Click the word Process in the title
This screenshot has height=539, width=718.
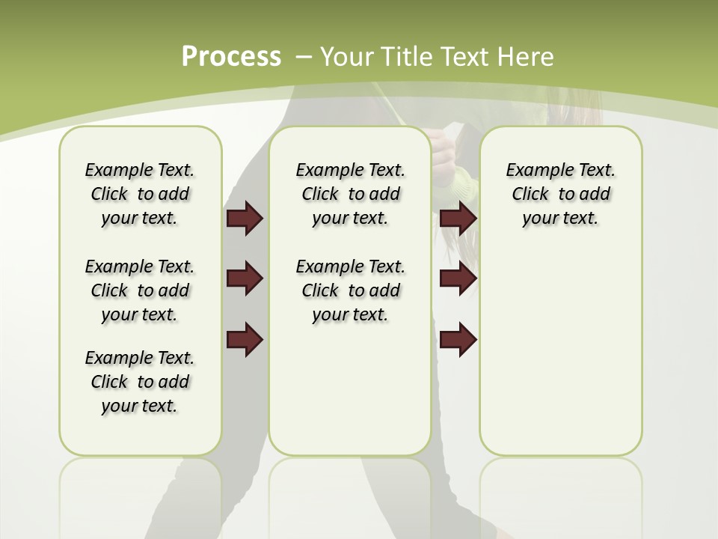(x=231, y=56)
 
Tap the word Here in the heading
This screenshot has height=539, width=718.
(x=527, y=57)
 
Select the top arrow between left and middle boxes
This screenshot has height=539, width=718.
(x=245, y=219)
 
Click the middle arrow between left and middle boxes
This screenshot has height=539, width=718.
(x=245, y=278)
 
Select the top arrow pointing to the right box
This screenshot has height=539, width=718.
(x=458, y=219)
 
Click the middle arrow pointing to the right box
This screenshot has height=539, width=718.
(x=458, y=278)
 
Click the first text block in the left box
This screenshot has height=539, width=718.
(x=140, y=194)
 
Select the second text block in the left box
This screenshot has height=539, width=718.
(x=140, y=290)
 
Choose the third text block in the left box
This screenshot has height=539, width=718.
(x=140, y=382)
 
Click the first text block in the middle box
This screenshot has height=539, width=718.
(x=350, y=194)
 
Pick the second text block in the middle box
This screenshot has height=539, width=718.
(x=350, y=290)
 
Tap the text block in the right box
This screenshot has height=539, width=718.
(x=560, y=194)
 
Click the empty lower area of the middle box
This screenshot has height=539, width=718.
(x=350, y=389)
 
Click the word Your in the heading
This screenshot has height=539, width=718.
(x=348, y=57)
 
